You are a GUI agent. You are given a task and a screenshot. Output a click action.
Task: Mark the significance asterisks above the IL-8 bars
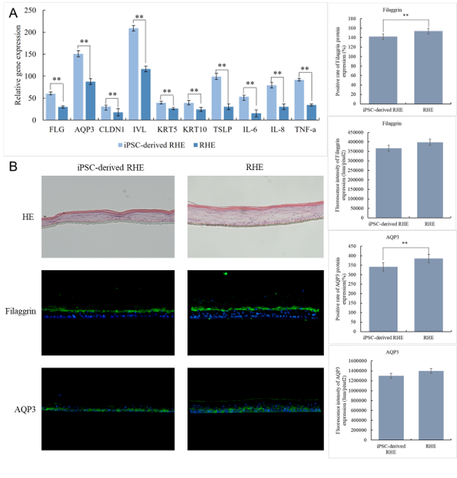click(x=276, y=73)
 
